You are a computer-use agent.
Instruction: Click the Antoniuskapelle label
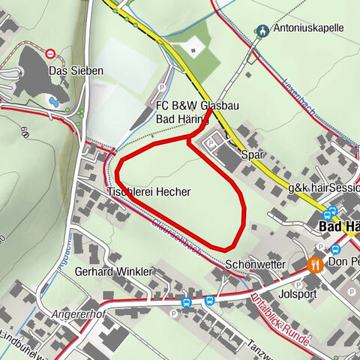(308, 28)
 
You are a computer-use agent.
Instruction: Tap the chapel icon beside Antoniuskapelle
(262, 31)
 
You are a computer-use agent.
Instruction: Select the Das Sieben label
(76, 70)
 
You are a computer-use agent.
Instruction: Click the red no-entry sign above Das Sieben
(51, 53)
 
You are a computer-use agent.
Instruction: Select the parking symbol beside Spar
(212, 139)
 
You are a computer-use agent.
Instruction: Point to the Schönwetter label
(254, 265)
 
